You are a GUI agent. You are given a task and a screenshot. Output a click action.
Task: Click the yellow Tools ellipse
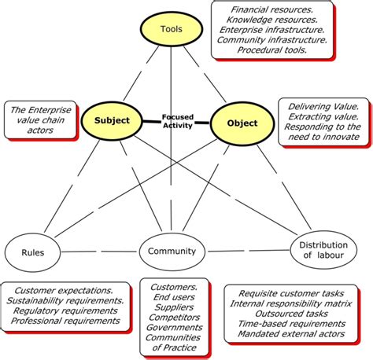pos(171,30)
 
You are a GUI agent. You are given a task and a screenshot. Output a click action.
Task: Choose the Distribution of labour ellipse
pos(321,250)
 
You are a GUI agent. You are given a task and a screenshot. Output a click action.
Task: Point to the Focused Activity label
pos(178,123)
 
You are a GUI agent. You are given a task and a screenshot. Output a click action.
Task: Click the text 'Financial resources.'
pos(269,11)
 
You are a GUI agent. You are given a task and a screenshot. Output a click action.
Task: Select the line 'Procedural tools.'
pos(269,50)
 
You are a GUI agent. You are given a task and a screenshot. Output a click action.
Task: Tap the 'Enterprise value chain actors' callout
pos(39,118)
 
